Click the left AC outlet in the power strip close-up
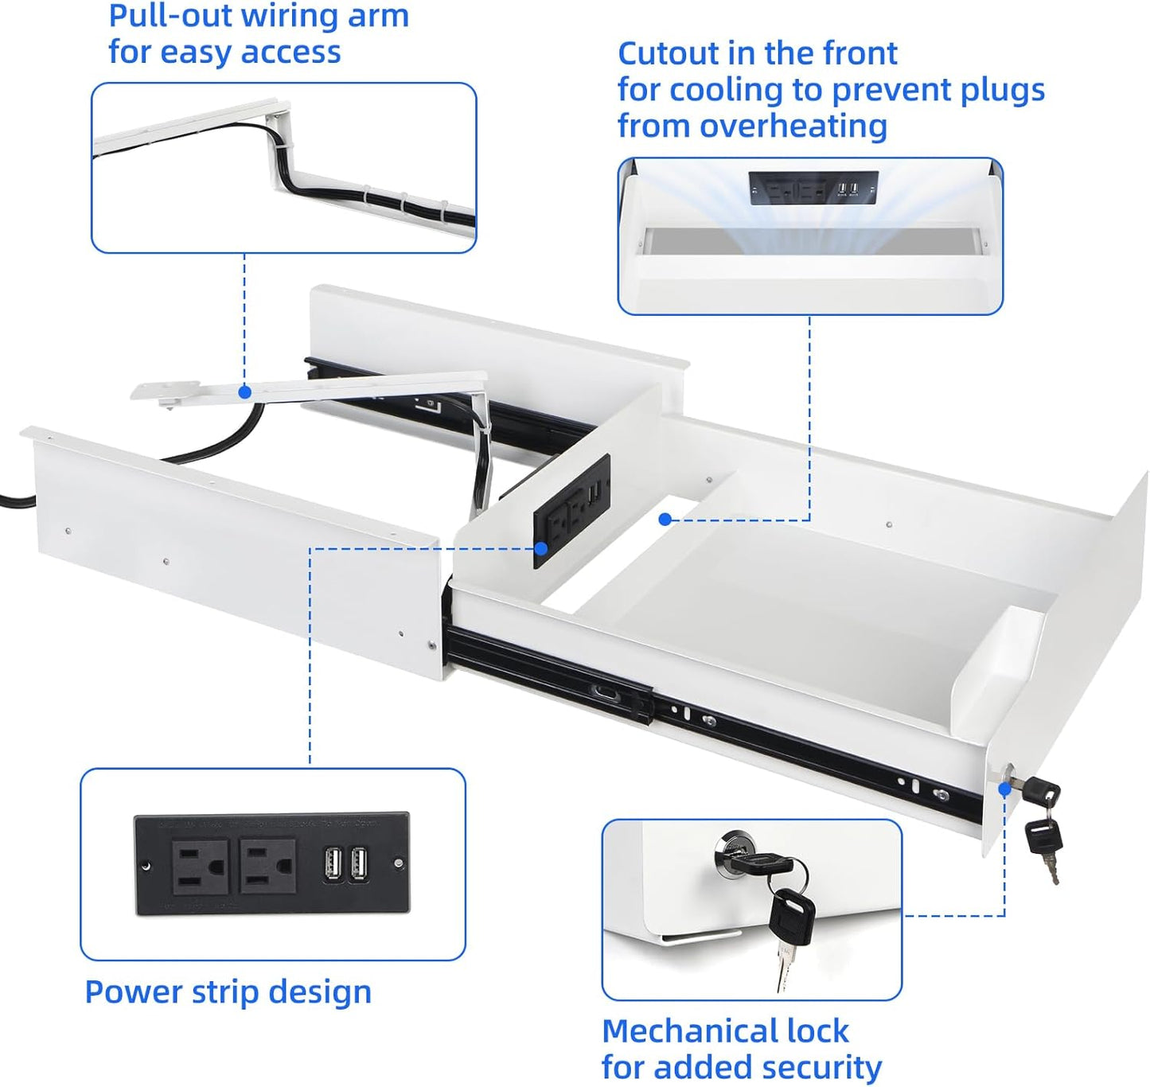199,867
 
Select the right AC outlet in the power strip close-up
268,866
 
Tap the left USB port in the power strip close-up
333,864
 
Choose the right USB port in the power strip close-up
359,864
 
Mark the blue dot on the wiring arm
245,392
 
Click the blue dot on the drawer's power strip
541,548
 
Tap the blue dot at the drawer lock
1004,789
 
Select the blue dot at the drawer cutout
665,520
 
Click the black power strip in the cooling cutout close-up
813,189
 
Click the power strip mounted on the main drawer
571,509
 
